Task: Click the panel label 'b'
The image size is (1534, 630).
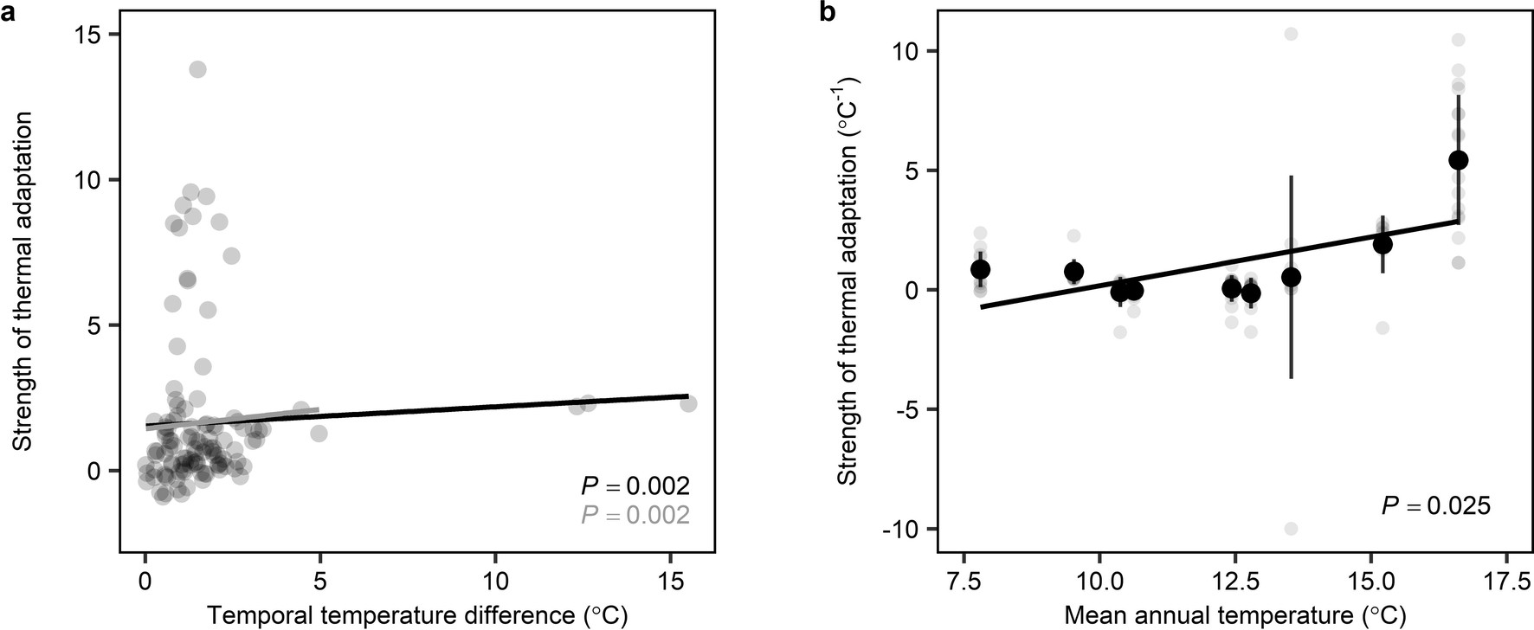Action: (826, 11)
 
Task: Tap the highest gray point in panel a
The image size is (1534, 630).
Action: (197, 69)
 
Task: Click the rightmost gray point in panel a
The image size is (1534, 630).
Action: (688, 403)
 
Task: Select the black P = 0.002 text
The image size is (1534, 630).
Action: (635, 485)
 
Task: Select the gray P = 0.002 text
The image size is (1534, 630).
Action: (635, 516)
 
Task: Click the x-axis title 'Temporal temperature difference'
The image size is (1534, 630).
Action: (416, 615)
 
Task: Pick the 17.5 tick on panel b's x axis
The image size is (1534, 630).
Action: (1506, 577)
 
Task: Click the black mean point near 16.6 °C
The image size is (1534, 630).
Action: (1459, 160)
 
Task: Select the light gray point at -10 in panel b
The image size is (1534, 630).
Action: (1291, 529)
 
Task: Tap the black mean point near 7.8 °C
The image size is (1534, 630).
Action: (980, 269)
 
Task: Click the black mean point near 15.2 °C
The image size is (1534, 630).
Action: (1383, 244)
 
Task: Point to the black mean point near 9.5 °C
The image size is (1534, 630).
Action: (1073, 272)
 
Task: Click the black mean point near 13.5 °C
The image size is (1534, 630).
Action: (1291, 277)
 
